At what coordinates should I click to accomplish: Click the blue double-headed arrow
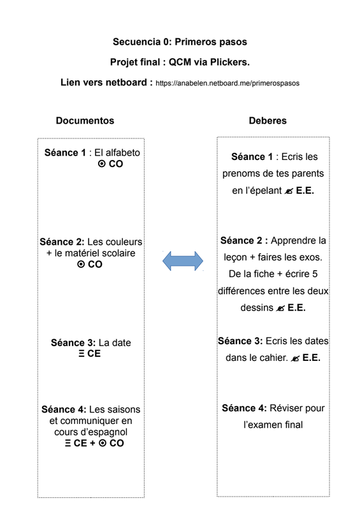coord(183,261)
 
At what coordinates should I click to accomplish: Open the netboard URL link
coord(227,84)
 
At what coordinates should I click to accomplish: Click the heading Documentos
coord(85,120)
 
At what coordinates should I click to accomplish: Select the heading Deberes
coord(268,120)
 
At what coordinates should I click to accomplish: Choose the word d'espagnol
coord(104,432)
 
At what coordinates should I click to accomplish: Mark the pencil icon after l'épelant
coord(289,191)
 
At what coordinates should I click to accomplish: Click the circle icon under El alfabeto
coord(101,164)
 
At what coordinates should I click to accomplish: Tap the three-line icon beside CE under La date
coord(82,354)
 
